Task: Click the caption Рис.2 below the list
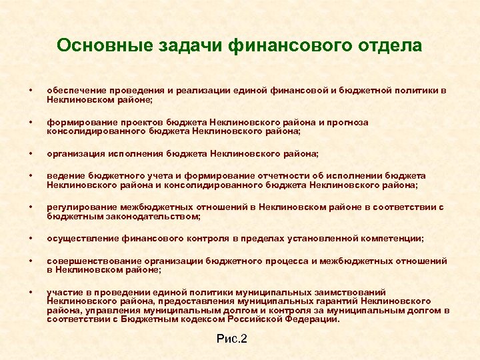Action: coord(232,339)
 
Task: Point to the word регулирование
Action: coord(79,207)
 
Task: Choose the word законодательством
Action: coord(156,216)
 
